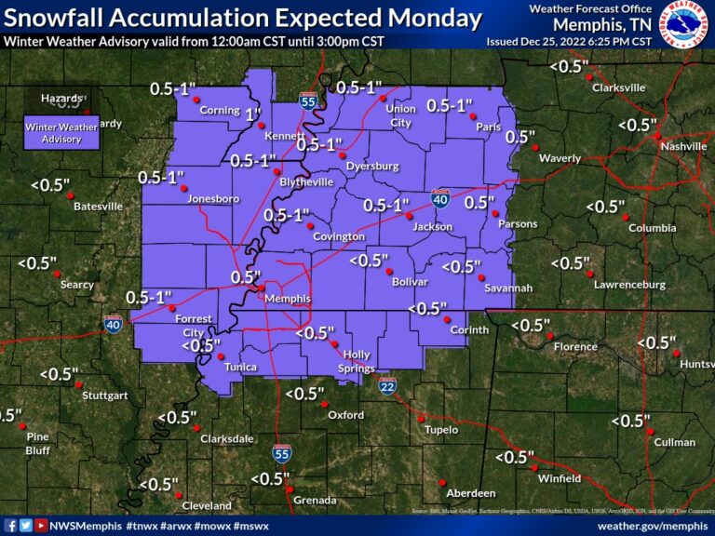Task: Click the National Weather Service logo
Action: [684, 24]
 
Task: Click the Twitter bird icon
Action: [26, 526]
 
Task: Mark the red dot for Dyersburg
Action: [343, 154]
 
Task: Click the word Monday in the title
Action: [434, 19]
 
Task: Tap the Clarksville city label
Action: [617, 87]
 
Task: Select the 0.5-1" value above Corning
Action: [174, 89]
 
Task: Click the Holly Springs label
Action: [357, 361]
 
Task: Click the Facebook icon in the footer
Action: [10, 526]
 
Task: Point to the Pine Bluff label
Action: [37, 443]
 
